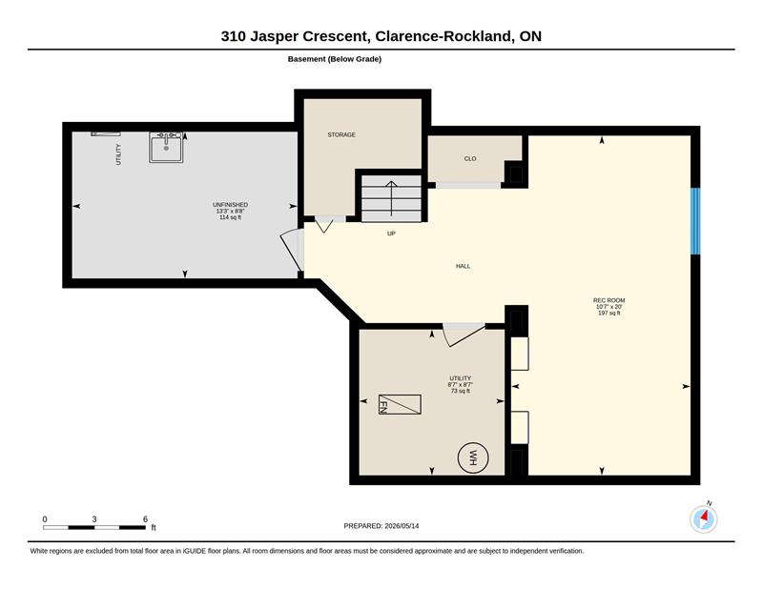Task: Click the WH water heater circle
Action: [473, 457]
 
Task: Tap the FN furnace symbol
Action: [400, 405]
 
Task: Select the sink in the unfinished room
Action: [166, 147]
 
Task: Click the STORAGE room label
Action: [341, 134]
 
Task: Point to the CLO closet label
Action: [470, 158]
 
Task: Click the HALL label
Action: [464, 266]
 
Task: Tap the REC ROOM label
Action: [609, 300]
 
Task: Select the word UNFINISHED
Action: [230, 205]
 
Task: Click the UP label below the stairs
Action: [391, 234]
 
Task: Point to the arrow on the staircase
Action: [391, 198]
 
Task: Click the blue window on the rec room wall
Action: [696, 221]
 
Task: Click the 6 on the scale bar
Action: [145, 519]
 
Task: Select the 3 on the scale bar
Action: [93, 519]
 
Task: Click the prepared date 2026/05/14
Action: [402, 526]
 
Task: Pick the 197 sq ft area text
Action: [609, 314]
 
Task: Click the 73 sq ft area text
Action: [461, 391]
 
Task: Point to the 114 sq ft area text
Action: [230, 217]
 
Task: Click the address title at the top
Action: [381, 36]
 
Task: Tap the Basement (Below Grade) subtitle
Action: [335, 59]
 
